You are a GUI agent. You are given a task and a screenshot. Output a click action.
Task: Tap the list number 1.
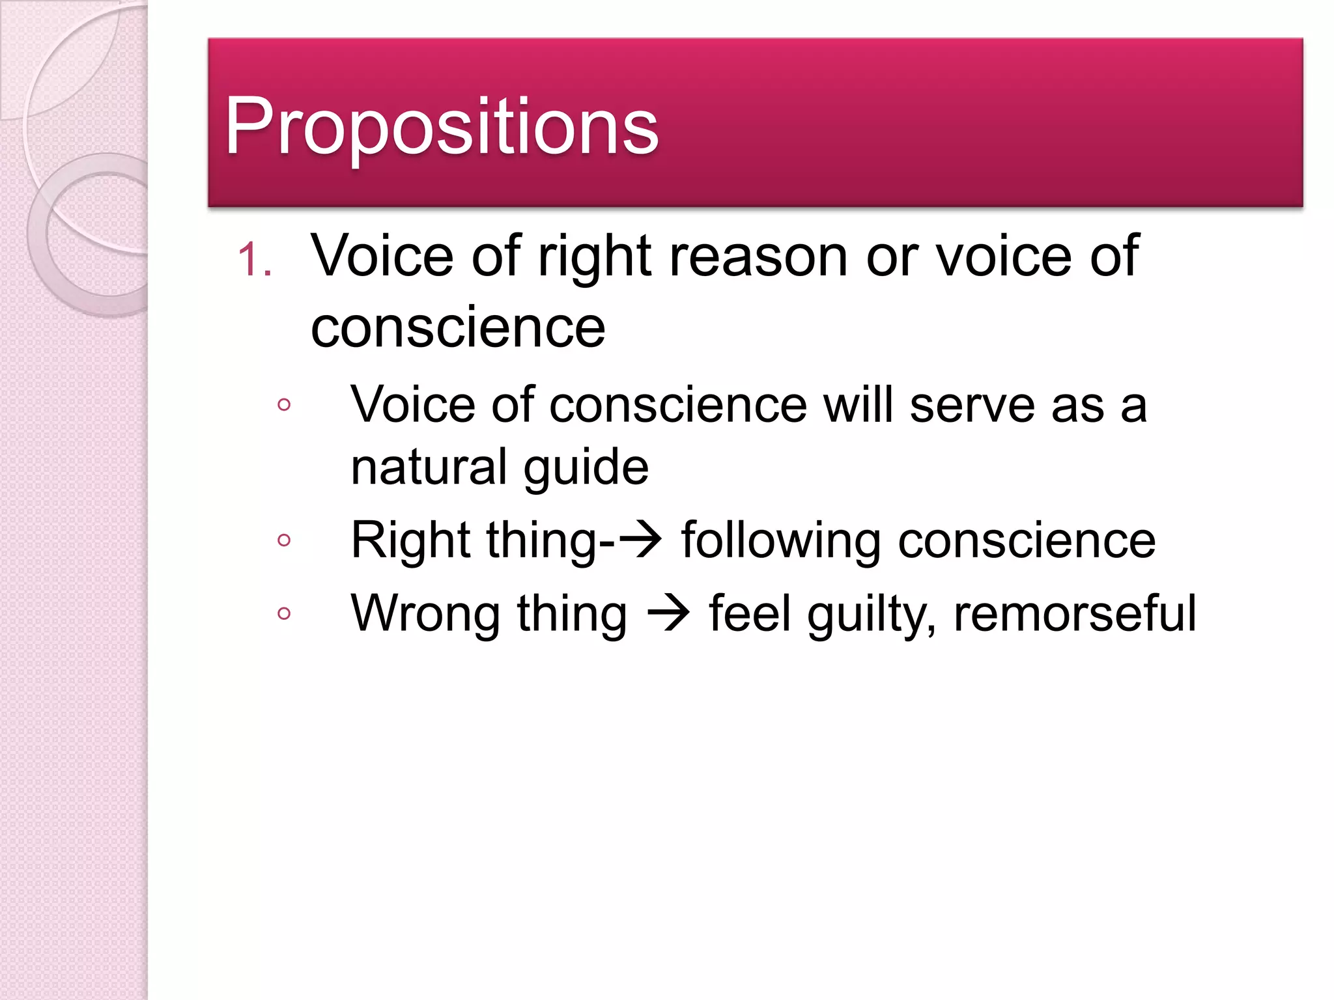(x=254, y=260)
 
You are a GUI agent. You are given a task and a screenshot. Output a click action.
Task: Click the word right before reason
(x=595, y=257)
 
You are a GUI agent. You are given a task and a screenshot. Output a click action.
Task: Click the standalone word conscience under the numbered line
(x=458, y=327)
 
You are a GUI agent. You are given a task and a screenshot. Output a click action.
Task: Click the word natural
(x=429, y=467)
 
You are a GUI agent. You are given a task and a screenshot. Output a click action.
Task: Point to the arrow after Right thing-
(x=640, y=540)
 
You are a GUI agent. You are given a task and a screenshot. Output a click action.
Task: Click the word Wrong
(x=424, y=614)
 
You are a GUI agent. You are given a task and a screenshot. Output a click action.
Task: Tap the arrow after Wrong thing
(x=668, y=613)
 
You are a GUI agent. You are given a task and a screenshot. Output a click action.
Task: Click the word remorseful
(x=1075, y=613)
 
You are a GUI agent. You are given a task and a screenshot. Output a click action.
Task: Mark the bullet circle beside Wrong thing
(x=283, y=613)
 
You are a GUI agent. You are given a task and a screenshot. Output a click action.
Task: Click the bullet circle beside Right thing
(x=283, y=540)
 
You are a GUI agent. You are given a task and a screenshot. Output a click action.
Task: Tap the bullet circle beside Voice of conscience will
(x=283, y=405)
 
